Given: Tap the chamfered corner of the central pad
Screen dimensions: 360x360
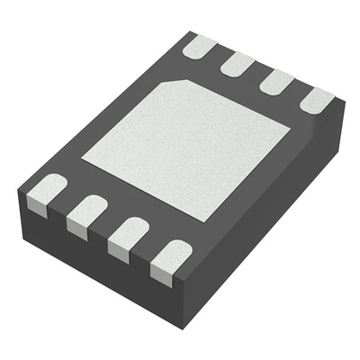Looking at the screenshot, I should point(175,83).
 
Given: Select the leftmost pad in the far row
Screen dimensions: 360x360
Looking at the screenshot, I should point(200,47).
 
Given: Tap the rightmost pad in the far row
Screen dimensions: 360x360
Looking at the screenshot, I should point(317,100).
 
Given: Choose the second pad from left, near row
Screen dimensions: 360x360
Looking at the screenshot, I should point(86,215).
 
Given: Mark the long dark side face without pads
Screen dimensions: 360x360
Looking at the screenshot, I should point(270,216).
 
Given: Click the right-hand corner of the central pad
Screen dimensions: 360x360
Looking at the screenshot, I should point(290,126).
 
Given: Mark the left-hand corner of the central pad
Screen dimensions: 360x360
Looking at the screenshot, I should point(82,160).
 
